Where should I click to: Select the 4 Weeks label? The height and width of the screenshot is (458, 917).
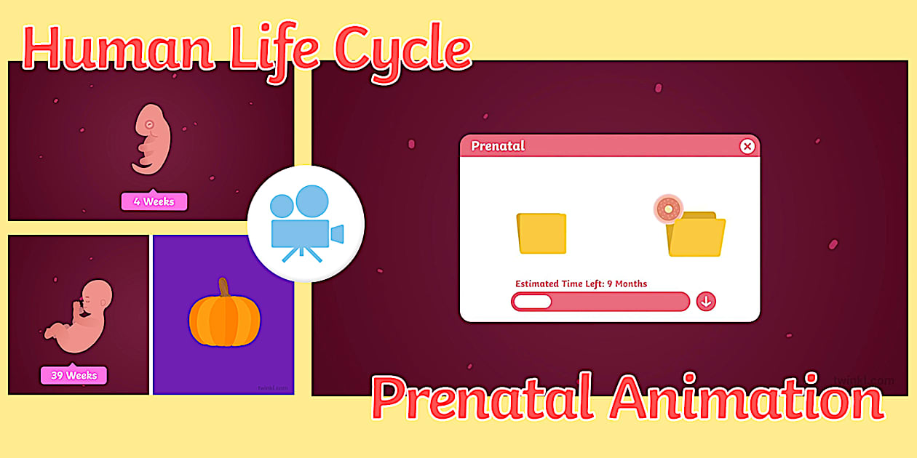pos(154,201)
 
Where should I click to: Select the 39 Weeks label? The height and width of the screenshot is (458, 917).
pos(74,375)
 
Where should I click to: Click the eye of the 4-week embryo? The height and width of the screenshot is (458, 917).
pos(150,124)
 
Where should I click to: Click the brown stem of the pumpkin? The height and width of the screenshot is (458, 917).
pos(223,288)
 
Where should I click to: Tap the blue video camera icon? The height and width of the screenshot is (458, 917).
pos(306,224)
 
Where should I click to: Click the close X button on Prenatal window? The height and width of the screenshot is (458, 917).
pos(747,146)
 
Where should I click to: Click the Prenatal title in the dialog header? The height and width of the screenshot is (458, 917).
pos(498,145)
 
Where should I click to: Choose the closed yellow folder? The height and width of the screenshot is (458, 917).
pos(541,233)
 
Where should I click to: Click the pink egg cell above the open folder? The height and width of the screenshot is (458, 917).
pos(667,209)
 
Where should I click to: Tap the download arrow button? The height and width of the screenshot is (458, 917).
pos(706,301)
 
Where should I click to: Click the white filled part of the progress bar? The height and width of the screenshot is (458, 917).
pos(532,301)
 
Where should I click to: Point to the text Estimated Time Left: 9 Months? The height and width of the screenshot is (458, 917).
pos(581,284)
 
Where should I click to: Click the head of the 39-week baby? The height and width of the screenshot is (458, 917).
pos(97,296)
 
